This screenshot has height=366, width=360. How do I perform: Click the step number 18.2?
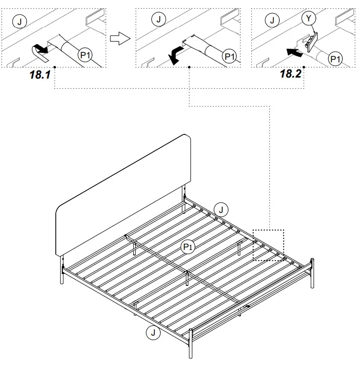[x=291, y=74]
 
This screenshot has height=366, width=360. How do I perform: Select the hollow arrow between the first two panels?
[x=117, y=38]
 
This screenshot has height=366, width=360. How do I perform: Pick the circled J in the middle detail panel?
[x=158, y=20]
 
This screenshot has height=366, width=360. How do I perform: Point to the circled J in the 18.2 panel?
[x=273, y=20]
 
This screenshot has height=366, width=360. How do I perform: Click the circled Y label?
[x=308, y=19]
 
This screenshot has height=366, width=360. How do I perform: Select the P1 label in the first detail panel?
[x=85, y=55]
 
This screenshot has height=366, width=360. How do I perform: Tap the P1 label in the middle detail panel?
[x=229, y=56]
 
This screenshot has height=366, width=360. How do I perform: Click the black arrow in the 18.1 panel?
[x=41, y=49]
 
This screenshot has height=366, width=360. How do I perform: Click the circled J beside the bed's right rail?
[x=221, y=208]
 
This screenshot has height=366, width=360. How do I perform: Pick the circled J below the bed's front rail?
[x=151, y=333]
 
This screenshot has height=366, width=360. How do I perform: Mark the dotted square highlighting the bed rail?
[x=268, y=245]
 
